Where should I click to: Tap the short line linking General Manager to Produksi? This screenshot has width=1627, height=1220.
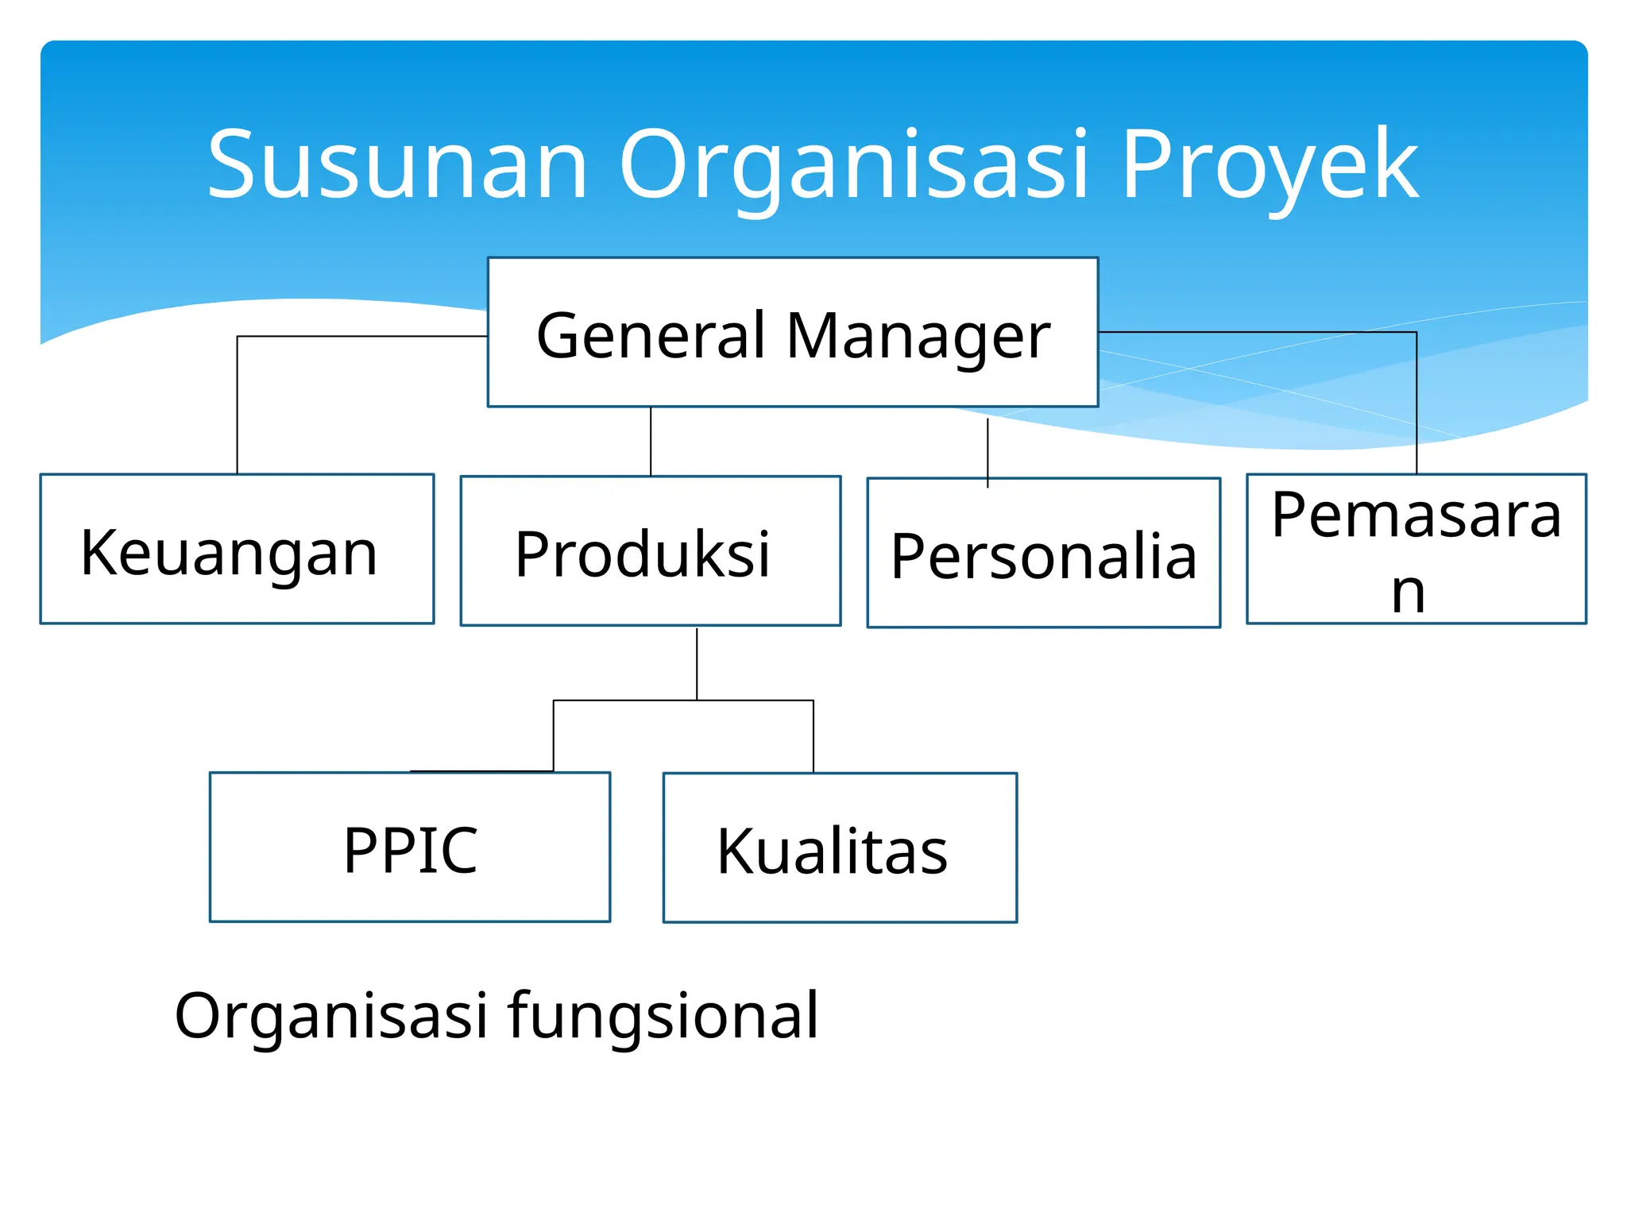click(x=651, y=442)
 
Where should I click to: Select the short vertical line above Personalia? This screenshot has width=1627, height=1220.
click(x=987, y=449)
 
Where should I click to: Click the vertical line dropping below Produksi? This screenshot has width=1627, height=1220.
click(x=697, y=664)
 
